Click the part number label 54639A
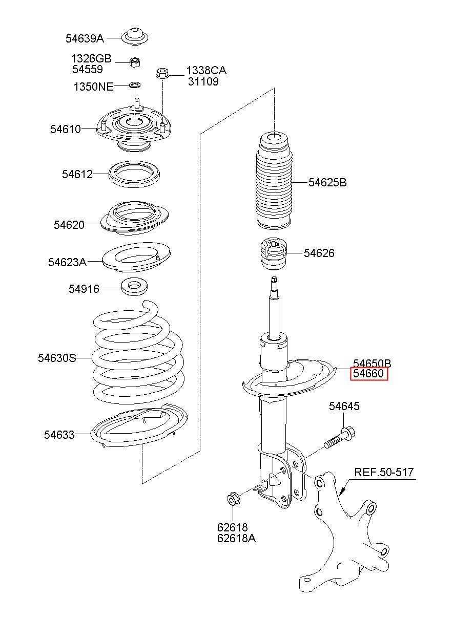click(x=85, y=38)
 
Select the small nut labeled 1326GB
click(x=135, y=63)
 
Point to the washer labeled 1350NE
click(x=135, y=84)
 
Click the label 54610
click(x=65, y=129)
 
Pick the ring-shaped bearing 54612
click(x=132, y=174)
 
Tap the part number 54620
click(x=69, y=224)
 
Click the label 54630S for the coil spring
click(x=56, y=358)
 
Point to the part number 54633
click(x=59, y=435)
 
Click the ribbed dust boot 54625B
click(x=274, y=184)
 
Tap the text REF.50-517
click(x=384, y=472)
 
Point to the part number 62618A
click(x=236, y=538)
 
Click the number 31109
click(x=202, y=81)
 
